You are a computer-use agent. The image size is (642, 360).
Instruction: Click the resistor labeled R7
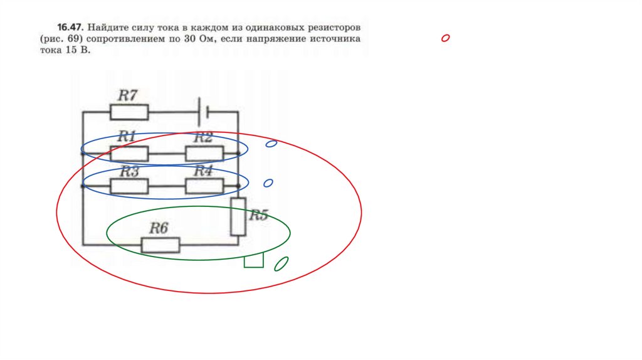(129, 112)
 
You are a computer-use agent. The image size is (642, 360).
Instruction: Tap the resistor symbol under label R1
(129, 153)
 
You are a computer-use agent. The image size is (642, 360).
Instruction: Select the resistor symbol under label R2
(204, 153)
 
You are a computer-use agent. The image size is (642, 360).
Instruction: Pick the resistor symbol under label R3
(129, 186)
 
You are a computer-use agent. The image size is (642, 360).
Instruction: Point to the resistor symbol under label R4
(204, 186)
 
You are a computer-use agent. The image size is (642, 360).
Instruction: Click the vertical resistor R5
(238, 216)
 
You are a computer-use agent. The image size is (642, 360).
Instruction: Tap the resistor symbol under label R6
(160, 245)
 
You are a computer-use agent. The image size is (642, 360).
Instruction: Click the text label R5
(258, 215)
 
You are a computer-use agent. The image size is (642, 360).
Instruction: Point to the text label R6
(159, 228)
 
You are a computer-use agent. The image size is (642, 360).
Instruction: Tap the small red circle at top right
(445, 39)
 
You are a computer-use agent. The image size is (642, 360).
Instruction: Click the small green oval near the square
(282, 264)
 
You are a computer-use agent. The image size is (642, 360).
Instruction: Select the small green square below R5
(253, 260)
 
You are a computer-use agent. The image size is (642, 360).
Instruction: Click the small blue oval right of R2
(271, 144)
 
